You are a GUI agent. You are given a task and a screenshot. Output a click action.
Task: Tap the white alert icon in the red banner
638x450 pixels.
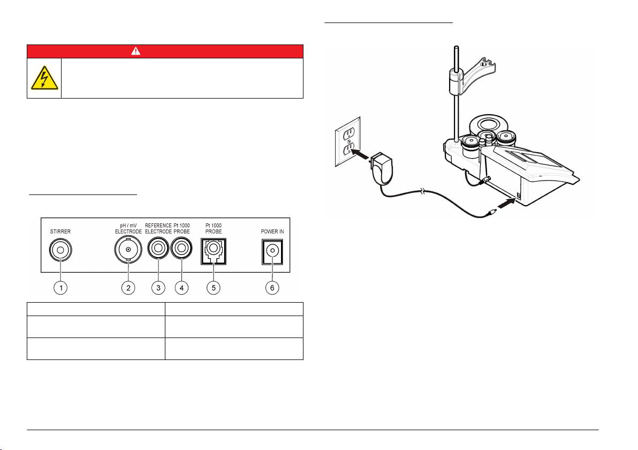coord(165,51)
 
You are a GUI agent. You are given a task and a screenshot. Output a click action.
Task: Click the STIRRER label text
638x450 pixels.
coord(61,232)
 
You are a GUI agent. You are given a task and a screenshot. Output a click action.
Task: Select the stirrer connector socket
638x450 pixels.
coord(61,250)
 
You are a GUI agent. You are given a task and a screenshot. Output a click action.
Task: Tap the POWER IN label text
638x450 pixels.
coord(272,232)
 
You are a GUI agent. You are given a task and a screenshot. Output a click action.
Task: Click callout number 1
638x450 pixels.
coord(61,288)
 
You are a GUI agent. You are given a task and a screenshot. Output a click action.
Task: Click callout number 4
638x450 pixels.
coord(182,288)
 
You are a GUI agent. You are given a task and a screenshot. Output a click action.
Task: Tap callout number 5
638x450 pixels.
coord(213,288)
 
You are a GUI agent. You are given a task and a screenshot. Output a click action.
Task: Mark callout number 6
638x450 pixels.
coord(272,288)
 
